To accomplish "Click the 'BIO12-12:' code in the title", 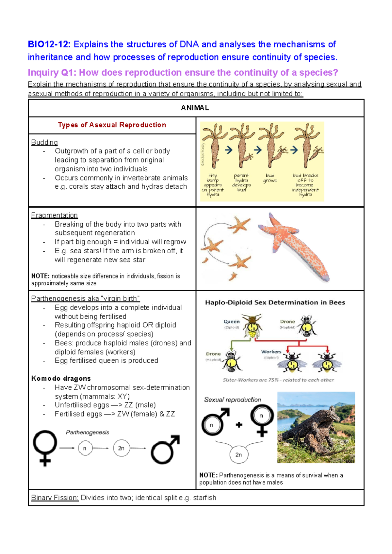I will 49,44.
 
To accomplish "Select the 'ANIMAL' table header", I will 195,108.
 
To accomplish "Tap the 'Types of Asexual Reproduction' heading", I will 112,125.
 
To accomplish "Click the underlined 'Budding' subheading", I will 44,142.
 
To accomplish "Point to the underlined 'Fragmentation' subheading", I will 54,215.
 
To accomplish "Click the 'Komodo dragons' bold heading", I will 61,379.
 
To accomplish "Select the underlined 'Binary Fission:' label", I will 55,498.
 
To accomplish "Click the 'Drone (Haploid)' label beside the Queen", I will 287,324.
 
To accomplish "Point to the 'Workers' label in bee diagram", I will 271,352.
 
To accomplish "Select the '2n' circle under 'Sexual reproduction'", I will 238,455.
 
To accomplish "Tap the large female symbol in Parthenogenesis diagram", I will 45,448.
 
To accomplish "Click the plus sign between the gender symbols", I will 239,425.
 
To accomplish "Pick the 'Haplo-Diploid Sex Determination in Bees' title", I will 275,303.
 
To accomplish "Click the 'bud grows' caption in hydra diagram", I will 270,178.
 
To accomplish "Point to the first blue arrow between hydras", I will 228,150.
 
